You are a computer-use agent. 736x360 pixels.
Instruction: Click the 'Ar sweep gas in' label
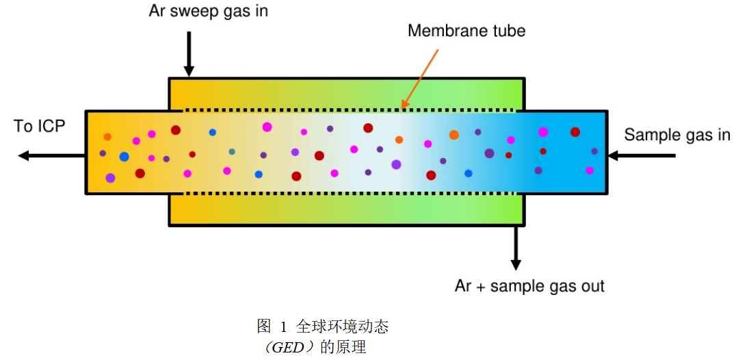pyautogui.click(x=208, y=12)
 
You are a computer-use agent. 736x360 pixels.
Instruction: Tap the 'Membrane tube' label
pyautogui.click(x=466, y=31)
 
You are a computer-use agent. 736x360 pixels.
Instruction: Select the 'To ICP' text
pyautogui.click(x=39, y=127)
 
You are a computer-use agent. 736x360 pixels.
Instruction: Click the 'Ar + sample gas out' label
pyautogui.click(x=529, y=285)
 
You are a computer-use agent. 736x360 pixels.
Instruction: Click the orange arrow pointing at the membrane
pyautogui.click(x=419, y=79)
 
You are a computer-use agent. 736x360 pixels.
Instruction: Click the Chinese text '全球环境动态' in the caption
pyautogui.click(x=343, y=326)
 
